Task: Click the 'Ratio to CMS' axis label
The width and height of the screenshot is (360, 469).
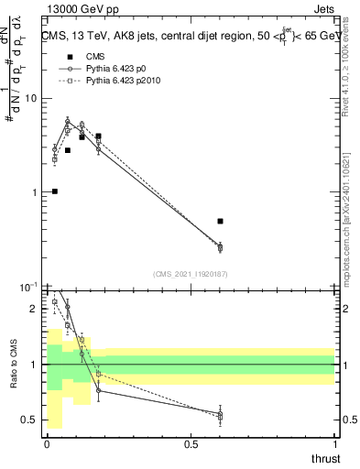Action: pyautogui.click(x=14, y=366)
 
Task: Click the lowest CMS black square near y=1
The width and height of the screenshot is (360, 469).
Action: pyautogui.click(x=55, y=191)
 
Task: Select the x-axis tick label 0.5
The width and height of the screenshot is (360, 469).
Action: pyautogui.click(x=191, y=444)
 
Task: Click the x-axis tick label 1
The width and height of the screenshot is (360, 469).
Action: pyautogui.click(x=334, y=444)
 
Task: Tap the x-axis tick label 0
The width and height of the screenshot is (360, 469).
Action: pyautogui.click(x=47, y=444)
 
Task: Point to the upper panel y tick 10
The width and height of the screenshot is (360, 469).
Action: pyautogui.click(x=31, y=98)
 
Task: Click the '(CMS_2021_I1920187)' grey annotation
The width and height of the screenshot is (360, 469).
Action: pyautogui.click(x=191, y=273)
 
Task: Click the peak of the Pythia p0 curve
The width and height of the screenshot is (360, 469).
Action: pyautogui.click(x=68, y=120)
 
